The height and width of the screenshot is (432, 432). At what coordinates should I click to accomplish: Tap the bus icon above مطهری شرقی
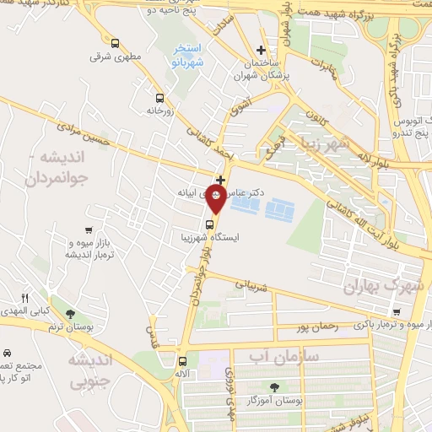[115, 42]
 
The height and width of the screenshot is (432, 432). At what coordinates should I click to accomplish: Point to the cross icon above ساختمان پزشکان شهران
[261, 51]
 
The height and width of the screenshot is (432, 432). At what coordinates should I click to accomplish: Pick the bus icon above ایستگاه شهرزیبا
[210, 225]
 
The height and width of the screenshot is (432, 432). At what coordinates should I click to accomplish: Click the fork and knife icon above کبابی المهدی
[24, 298]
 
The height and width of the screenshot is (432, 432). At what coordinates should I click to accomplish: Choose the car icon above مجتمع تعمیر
[7, 353]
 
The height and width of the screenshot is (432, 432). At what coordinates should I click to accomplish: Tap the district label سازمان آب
[283, 357]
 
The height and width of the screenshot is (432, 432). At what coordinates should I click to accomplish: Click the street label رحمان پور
[317, 327]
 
